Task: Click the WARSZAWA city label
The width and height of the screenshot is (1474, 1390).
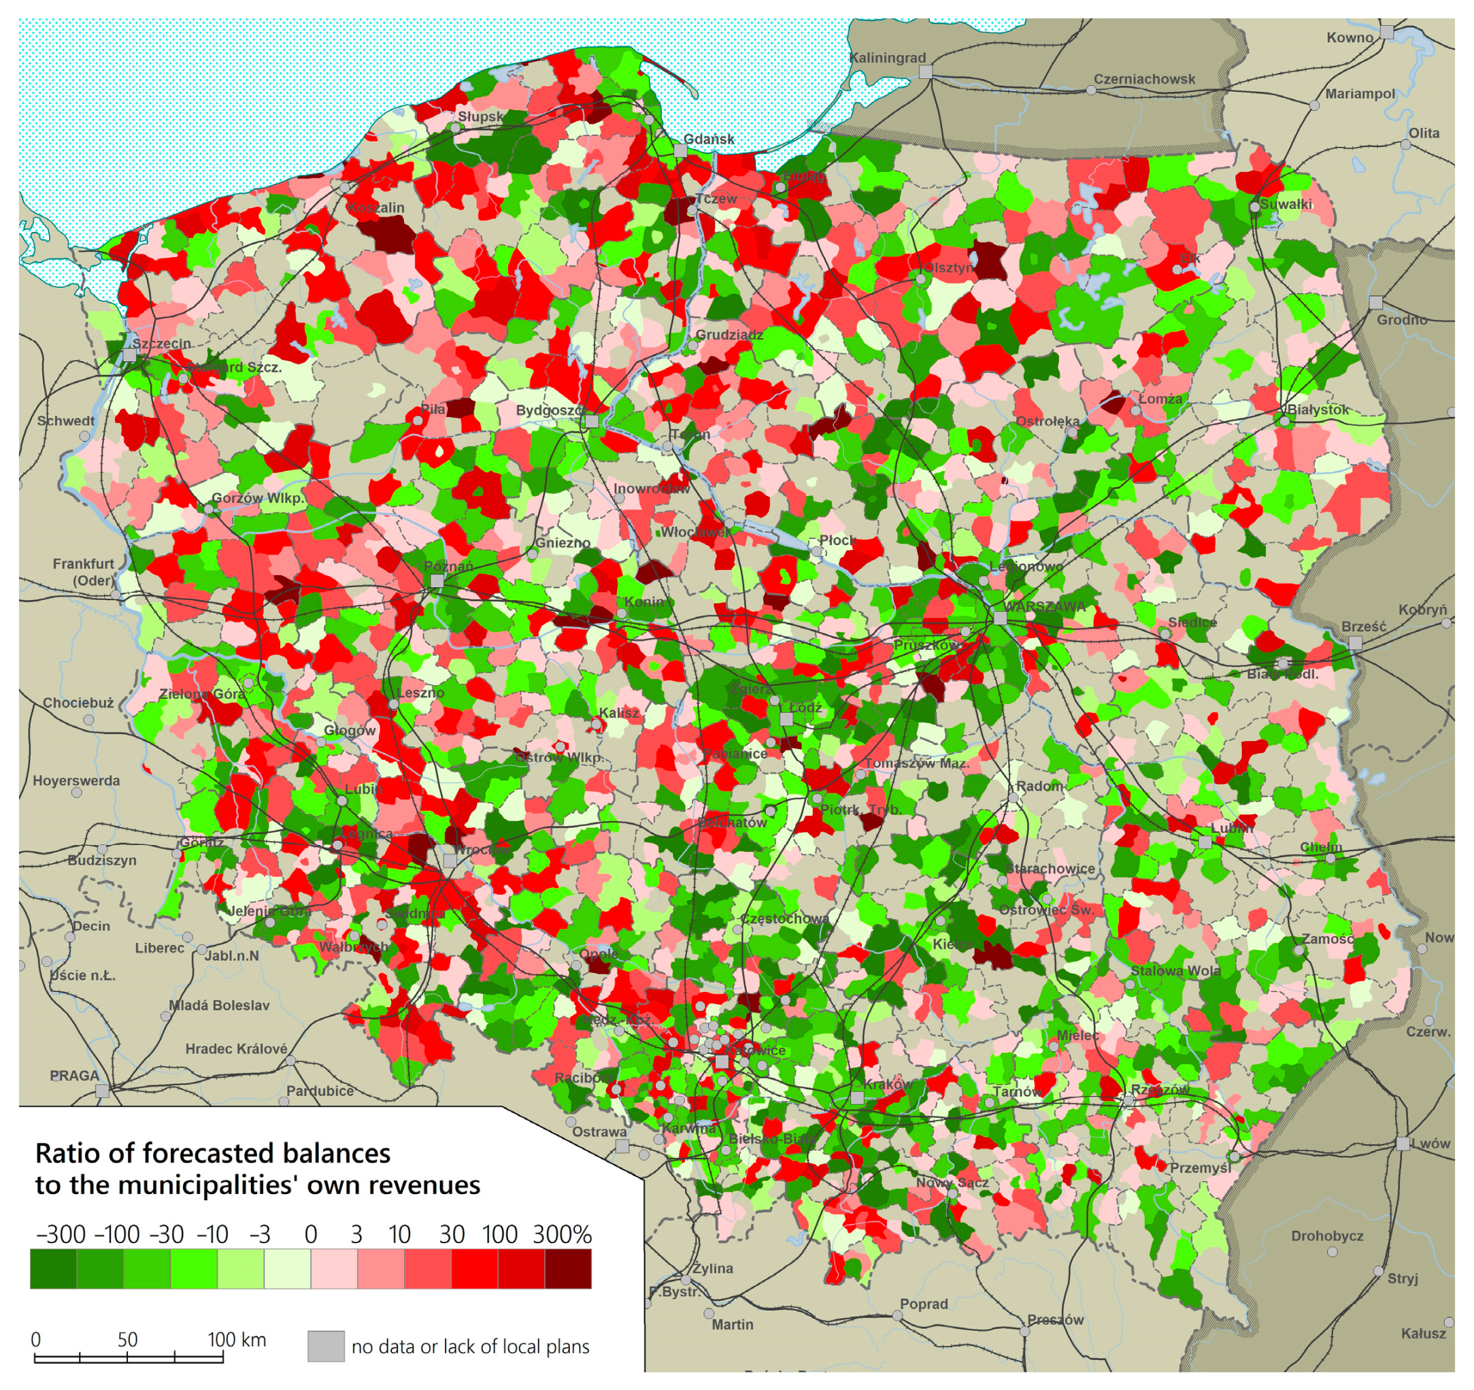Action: pos(1046,606)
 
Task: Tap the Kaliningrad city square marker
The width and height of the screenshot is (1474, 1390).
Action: pos(925,72)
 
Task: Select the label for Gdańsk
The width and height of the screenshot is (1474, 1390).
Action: pos(709,139)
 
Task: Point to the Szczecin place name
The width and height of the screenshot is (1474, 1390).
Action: pos(162,344)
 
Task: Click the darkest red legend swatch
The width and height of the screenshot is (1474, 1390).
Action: pos(568,1268)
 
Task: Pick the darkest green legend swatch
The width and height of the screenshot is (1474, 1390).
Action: pos(53,1268)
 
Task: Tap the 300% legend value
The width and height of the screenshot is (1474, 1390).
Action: pos(562,1235)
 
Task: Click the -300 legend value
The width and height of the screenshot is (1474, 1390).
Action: pos(61,1235)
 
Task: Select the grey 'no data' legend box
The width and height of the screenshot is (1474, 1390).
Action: pos(326,1346)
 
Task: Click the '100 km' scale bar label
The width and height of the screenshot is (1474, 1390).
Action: pos(237,1340)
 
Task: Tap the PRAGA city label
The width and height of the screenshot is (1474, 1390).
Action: pos(73,1075)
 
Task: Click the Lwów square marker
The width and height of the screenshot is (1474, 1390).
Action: pos(1402,1143)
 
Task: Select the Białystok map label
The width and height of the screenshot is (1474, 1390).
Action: pos(1318,410)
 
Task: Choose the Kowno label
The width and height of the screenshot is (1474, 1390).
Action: pos(1350,38)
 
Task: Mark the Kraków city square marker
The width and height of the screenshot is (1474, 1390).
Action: pos(857,1097)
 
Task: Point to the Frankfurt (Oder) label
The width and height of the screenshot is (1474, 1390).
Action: pos(83,572)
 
